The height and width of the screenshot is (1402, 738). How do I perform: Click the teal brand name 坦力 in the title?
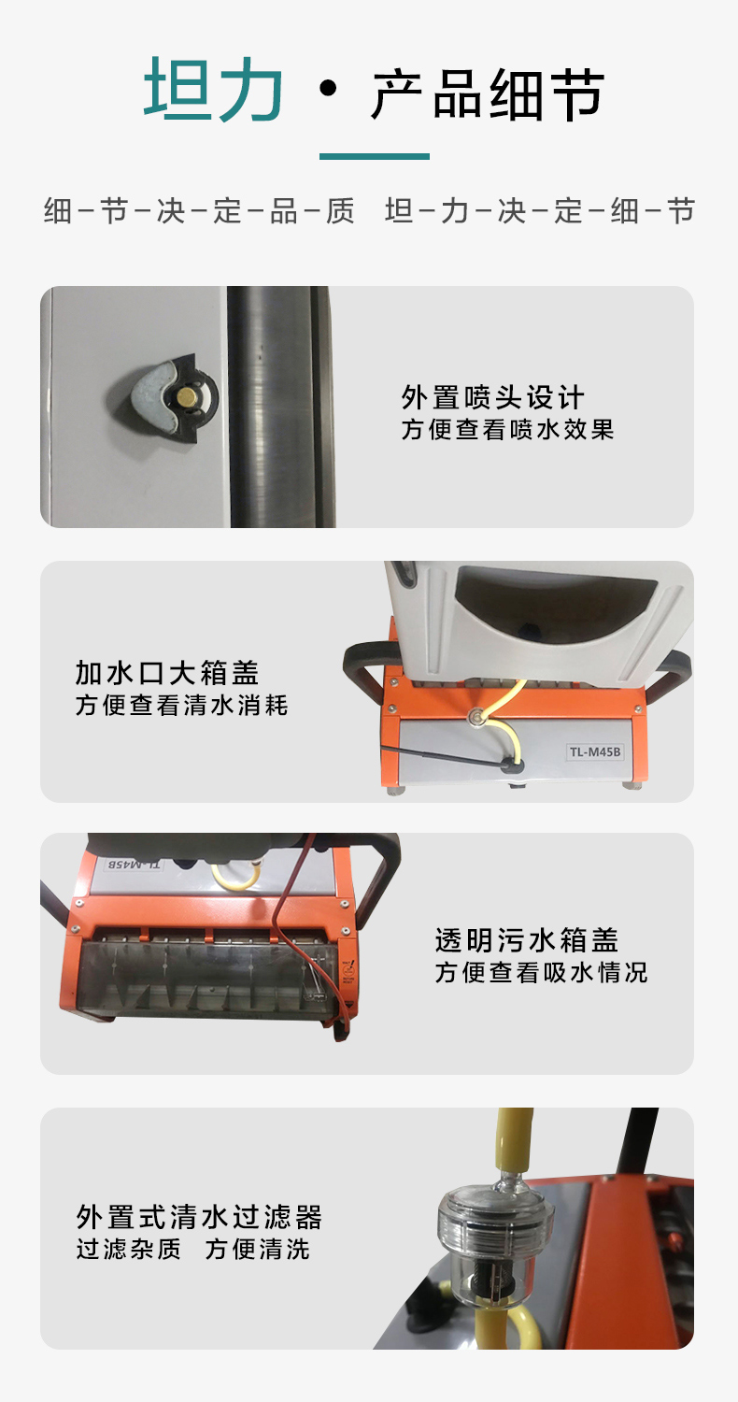tap(214, 91)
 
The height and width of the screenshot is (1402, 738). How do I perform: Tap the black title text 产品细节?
tap(488, 94)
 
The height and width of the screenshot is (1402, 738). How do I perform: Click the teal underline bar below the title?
tap(375, 157)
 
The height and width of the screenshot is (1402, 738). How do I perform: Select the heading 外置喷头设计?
tap(492, 397)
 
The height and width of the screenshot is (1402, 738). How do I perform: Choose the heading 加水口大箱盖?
tap(167, 672)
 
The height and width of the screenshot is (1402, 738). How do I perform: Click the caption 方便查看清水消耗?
tap(181, 705)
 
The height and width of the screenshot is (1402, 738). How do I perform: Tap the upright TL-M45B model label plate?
tap(595, 751)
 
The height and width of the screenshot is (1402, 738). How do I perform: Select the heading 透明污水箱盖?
tap(526, 939)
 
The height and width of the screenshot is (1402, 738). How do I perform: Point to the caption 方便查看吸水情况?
tap(541, 972)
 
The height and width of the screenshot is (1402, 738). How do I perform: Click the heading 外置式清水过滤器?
tap(199, 1217)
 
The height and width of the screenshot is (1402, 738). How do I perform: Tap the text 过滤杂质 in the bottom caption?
tap(128, 1249)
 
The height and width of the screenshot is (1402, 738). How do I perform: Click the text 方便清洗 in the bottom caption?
tap(258, 1249)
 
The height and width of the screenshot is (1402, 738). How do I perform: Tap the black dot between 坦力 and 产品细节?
tap(327, 89)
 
